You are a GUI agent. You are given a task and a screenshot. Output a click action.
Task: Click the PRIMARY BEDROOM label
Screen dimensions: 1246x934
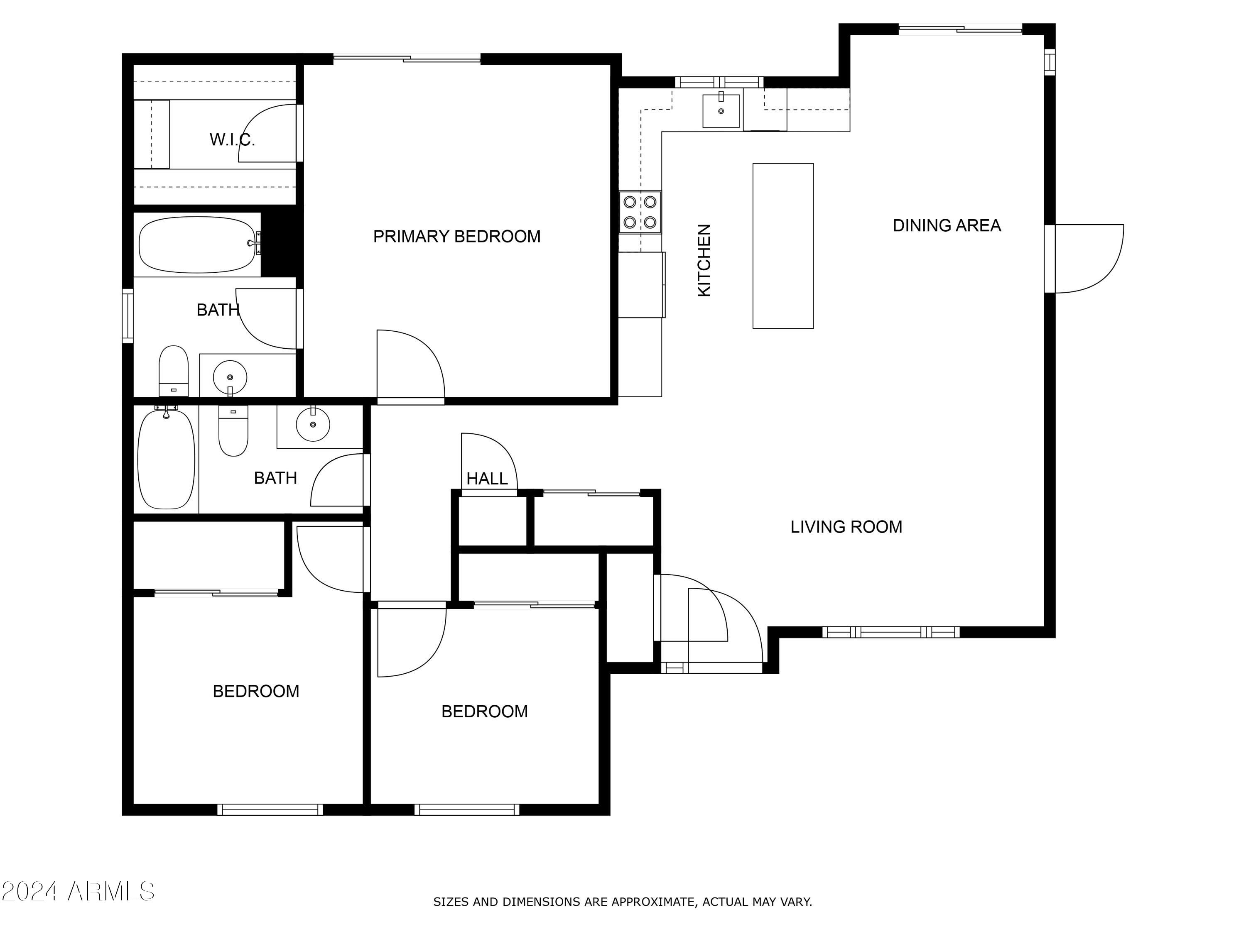point(457,237)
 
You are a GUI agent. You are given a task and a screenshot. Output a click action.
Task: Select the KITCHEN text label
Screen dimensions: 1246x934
point(704,260)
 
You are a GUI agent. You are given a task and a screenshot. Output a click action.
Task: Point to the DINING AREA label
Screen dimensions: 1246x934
point(947,226)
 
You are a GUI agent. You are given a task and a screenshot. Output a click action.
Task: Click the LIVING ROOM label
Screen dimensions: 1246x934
point(846,527)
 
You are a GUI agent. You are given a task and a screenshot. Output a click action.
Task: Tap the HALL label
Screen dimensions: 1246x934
point(487,479)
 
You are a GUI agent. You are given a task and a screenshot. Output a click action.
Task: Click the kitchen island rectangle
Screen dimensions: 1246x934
point(783,246)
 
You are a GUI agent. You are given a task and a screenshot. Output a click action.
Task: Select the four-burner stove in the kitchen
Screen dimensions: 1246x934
point(640,212)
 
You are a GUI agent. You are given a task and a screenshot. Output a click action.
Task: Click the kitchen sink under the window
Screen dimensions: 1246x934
point(721,111)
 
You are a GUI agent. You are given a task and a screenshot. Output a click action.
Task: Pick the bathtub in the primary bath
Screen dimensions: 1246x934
point(197,245)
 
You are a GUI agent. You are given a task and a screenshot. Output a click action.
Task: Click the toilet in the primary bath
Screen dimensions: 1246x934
point(174,371)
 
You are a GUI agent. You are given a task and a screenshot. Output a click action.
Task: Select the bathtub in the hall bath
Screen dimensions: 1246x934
point(166,459)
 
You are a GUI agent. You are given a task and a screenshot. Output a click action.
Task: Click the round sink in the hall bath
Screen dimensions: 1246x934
point(313,424)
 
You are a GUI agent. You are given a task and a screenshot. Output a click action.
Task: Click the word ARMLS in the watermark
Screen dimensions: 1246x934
point(111,892)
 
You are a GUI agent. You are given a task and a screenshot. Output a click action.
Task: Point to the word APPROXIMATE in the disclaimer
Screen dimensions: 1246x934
point(653,902)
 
